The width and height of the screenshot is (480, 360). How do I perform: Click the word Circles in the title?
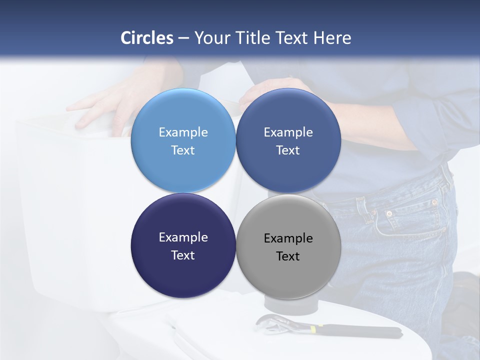(147, 38)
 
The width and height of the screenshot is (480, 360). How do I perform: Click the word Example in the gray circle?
(288, 238)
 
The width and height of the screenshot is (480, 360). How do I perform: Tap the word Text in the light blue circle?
(183, 150)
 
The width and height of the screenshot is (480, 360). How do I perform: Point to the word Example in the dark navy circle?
(183, 237)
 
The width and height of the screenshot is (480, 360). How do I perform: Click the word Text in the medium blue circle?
(288, 150)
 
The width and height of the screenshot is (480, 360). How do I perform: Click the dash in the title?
(183, 38)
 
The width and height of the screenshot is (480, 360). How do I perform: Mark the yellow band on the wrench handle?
(313, 328)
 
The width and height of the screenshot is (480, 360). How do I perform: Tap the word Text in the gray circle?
(288, 256)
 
